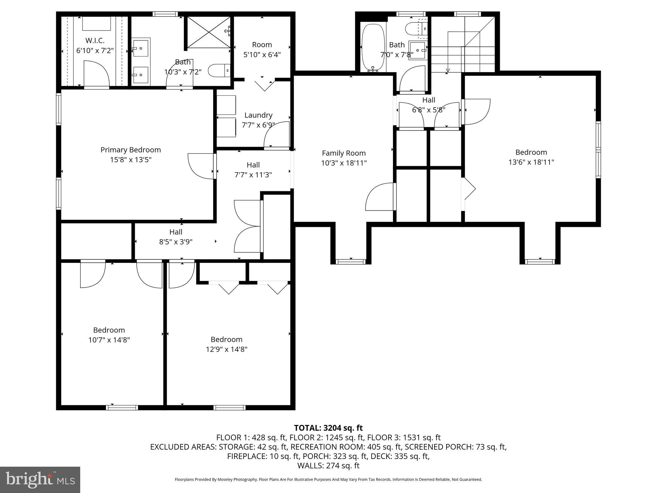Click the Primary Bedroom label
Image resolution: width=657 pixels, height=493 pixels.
(131, 150)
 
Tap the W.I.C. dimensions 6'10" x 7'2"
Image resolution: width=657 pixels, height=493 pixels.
(95, 51)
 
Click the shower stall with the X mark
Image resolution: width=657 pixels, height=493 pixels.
(209, 32)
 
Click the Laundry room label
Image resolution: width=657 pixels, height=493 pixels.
(258, 115)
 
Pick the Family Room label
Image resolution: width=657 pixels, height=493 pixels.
(344, 153)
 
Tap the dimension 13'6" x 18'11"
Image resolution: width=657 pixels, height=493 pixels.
(531, 162)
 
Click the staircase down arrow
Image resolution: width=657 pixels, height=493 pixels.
(448, 70)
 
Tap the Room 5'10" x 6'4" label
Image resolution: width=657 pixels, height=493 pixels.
(262, 45)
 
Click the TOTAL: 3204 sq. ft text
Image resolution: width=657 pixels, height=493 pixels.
(328, 428)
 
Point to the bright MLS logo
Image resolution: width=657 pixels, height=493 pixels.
(40, 480)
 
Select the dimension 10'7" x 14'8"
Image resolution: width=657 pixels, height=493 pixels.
(109, 340)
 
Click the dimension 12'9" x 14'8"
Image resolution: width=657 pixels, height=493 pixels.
(226, 349)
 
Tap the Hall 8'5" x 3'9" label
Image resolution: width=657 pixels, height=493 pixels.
(176, 232)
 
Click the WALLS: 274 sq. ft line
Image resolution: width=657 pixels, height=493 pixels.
(328, 466)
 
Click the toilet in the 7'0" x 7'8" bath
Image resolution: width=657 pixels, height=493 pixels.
(415, 29)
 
